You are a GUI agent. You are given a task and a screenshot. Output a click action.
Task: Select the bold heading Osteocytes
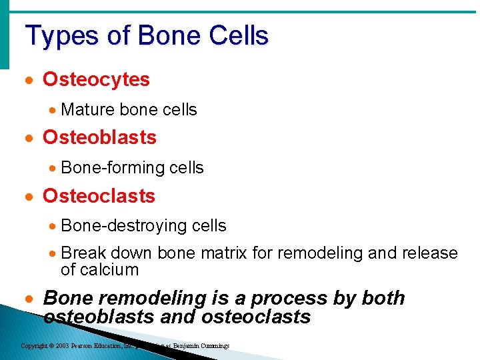[x=96, y=79]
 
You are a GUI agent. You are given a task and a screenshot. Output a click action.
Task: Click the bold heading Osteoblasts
[x=99, y=137]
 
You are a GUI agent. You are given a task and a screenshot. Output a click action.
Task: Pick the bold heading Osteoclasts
[x=99, y=196]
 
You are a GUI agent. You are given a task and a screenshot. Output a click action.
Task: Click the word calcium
[x=109, y=270]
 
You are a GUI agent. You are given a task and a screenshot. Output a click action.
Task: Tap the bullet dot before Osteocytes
[x=28, y=80]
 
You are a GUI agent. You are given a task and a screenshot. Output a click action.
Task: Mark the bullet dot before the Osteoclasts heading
[x=28, y=197]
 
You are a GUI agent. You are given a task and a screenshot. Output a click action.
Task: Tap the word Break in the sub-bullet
[x=83, y=253]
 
